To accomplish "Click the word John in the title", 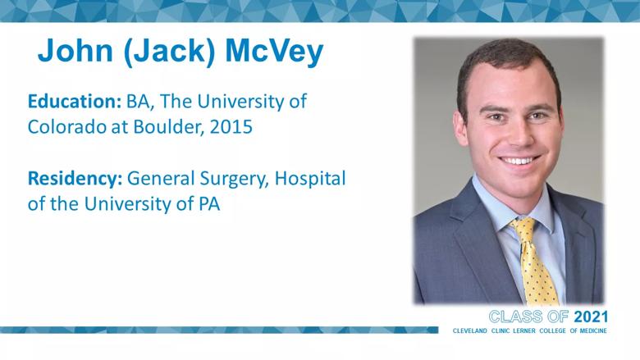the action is [75, 51].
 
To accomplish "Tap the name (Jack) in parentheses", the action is [169, 52].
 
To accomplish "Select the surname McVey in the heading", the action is [274, 52].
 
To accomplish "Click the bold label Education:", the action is [75, 101].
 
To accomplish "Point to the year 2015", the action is [231, 127].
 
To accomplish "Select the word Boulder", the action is [169, 127].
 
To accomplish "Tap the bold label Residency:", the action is [75, 180].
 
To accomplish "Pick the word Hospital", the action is [310, 179].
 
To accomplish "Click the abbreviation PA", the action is [210, 204].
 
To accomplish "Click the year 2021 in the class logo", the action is [591, 317].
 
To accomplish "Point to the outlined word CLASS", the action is [516, 317].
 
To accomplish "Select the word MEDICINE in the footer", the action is [593, 330].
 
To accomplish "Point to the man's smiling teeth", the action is [519, 161].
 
